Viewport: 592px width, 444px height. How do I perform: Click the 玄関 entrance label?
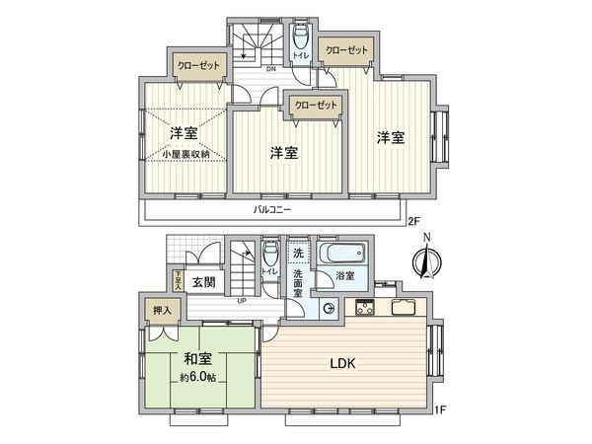click(x=204, y=283)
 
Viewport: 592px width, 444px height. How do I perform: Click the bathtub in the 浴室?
click(x=341, y=255)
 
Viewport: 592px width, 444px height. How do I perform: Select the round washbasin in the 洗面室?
click(x=328, y=309)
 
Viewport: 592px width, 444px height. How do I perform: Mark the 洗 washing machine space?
click(x=298, y=255)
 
